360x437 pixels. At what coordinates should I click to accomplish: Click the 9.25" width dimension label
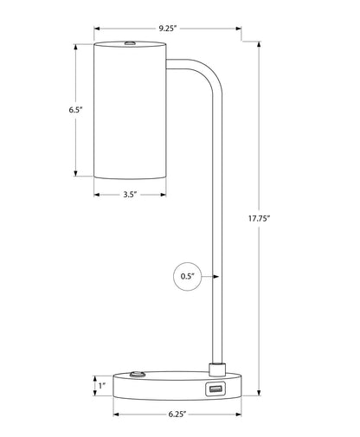pos(167,29)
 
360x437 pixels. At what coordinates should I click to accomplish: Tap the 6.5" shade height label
pos(75,110)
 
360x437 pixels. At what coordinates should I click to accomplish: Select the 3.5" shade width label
pos(130,195)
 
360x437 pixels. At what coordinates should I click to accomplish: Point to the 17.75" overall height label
pos(259,218)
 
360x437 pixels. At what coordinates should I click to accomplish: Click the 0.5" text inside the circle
pos(188,276)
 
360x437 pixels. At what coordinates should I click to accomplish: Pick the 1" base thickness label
pos(102,386)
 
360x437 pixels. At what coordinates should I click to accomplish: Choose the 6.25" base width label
pos(177,415)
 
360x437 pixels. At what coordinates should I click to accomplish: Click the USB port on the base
pos(215,389)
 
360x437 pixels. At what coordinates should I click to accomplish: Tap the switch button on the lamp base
pos(138,375)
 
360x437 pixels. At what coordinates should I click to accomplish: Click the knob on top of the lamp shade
pos(131,43)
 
